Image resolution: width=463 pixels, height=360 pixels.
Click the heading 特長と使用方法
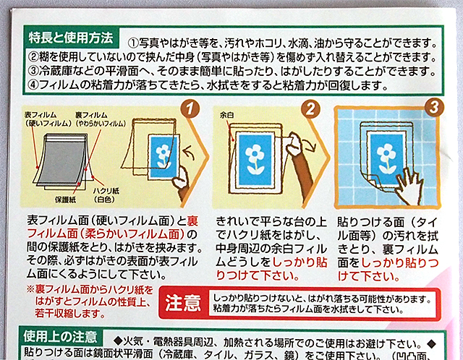pos(72,35)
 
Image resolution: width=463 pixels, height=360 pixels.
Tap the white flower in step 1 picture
pos(165,154)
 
